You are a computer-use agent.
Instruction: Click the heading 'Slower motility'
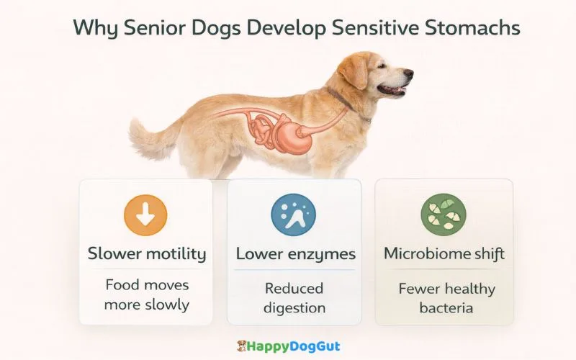pyautogui.click(x=147, y=253)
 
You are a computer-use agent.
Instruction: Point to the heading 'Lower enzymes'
pyautogui.click(x=295, y=254)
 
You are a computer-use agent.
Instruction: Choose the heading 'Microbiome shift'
pyautogui.click(x=444, y=253)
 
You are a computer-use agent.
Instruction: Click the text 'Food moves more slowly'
pyautogui.click(x=147, y=294)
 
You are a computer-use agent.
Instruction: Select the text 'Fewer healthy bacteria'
pyautogui.click(x=446, y=298)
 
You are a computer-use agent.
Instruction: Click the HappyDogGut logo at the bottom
pyautogui.click(x=288, y=346)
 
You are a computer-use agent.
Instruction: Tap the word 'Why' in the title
pyautogui.click(x=91, y=30)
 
